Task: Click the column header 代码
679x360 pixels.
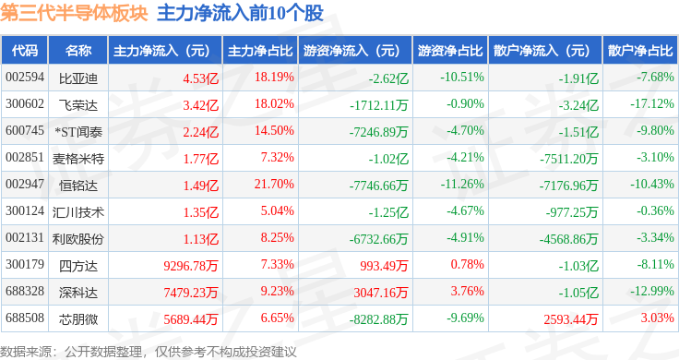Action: click(x=25, y=51)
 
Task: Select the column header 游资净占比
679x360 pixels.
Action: click(x=450, y=51)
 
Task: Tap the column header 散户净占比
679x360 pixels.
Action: click(x=640, y=51)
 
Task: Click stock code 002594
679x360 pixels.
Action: click(x=25, y=78)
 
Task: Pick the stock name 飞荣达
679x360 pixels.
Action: click(x=77, y=105)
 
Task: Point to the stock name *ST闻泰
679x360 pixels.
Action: click(x=77, y=132)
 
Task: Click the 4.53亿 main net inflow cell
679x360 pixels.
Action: click(x=200, y=78)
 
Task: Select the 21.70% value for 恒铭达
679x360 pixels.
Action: click(x=274, y=184)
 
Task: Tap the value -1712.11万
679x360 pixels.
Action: click(x=379, y=105)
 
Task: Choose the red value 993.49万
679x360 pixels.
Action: click(x=384, y=266)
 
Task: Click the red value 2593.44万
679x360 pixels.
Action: click(x=571, y=319)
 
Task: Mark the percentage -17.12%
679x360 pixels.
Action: click(x=651, y=104)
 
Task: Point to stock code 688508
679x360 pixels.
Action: click(x=25, y=318)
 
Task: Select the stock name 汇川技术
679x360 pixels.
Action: click(x=77, y=211)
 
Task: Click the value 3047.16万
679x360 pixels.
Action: click(x=381, y=293)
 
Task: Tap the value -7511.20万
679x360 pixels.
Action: click(x=568, y=159)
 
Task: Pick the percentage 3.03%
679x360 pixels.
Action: click(x=658, y=318)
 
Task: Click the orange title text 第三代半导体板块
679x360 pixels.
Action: click(x=74, y=13)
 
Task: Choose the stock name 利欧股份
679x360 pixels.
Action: click(x=77, y=239)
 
